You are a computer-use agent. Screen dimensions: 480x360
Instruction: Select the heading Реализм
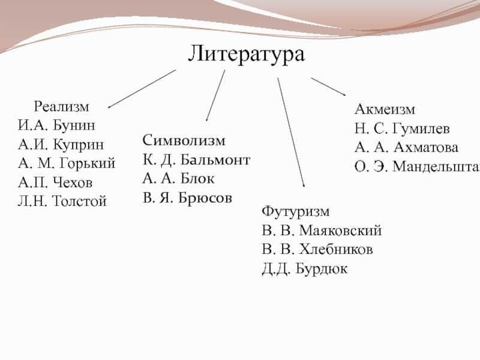click(x=61, y=107)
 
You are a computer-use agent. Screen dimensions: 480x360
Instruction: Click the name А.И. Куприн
click(x=60, y=145)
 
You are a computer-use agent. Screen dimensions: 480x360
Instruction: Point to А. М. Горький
click(x=67, y=163)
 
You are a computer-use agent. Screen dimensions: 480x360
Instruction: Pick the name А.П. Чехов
click(x=56, y=182)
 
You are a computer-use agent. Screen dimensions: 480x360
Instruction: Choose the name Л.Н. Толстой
click(x=62, y=201)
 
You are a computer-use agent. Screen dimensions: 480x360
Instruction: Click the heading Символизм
click(x=184, y=141)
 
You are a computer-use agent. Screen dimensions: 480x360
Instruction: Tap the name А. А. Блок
click(x=179, y=178)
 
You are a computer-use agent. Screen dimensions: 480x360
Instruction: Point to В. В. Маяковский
click(x=322, y=231)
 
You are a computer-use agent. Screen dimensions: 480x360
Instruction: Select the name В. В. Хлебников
click(x=317, y=249)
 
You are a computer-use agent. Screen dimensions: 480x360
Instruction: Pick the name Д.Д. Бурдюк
click(x=304, y=268)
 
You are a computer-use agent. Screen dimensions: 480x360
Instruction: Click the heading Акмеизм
click(x=385, y=110)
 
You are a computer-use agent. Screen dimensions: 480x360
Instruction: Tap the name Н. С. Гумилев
click(x=402, y=128)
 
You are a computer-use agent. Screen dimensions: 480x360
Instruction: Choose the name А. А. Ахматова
click(x=406, y=148)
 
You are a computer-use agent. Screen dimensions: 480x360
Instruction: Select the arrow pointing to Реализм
click(x=142, y=89)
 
